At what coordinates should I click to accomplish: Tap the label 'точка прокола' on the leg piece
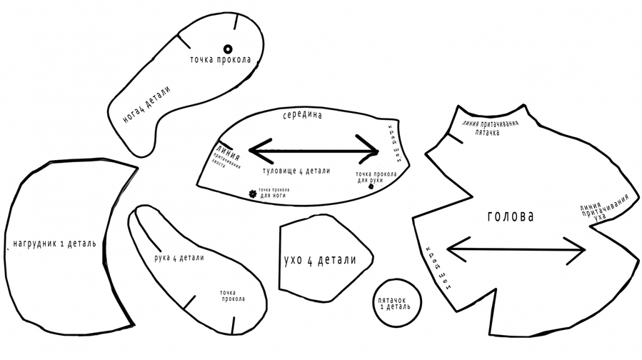(220, 59)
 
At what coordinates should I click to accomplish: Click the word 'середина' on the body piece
(303, 115)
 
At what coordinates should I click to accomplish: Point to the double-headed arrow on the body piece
(314, 151)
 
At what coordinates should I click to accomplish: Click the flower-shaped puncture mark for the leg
(251, 193)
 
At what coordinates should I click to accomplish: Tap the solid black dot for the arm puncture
(371, 186)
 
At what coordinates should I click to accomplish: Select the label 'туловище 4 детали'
(297, 171)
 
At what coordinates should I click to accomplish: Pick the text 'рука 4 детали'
(179, 258)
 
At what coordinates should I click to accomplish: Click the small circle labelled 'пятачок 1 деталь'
(394, 304)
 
